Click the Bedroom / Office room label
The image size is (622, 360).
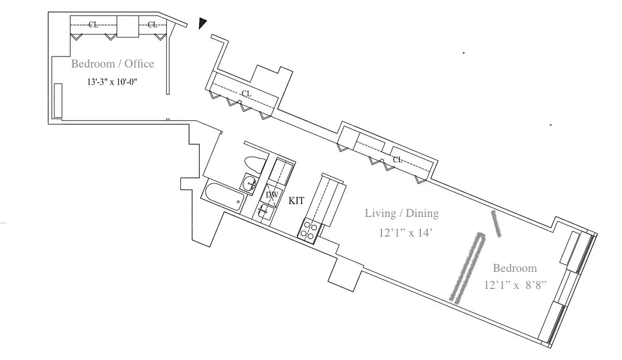[x=112, y=64]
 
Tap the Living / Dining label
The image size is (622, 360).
[x=402, y=213]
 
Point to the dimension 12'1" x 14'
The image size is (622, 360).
[x=406, y=233]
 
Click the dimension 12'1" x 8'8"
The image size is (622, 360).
[x=515, y=285]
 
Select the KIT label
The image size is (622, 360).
[x=296, y=201]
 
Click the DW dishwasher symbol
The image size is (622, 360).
[x=272, y=195]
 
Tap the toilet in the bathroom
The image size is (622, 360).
[x=255, y=165]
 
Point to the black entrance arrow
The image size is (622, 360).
[x=203, y=23]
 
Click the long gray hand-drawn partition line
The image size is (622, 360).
[x=468, y=267]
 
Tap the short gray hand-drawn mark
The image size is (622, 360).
[x=496, y=224]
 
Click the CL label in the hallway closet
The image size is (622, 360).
[x=246, y=94]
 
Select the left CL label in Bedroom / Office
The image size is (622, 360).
[x=93, y=25]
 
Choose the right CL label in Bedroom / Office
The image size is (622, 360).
[x=152, y=25]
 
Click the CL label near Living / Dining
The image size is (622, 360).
[x=397, y=160]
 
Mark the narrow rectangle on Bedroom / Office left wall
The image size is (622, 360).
[x=58, y=100]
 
